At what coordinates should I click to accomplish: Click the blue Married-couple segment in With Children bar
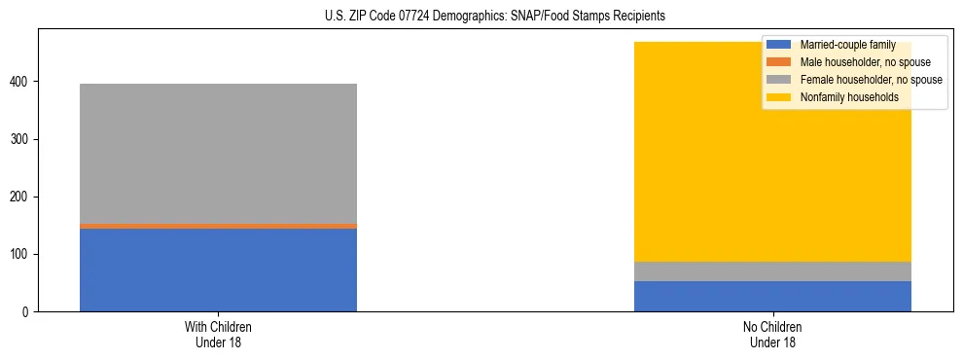[x=218, y=270]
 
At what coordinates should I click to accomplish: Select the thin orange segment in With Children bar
[x=218, y=226]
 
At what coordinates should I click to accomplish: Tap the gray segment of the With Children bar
[x=218, y=153]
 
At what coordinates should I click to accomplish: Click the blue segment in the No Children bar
[x=772, y=296]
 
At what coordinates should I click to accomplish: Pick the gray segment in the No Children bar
[x=772, y=271]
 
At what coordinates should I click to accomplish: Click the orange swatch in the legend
[x=779, y=62]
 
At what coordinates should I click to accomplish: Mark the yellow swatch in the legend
[x=779, y=97]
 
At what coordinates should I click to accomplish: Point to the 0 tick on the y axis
[x=26, y=312]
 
